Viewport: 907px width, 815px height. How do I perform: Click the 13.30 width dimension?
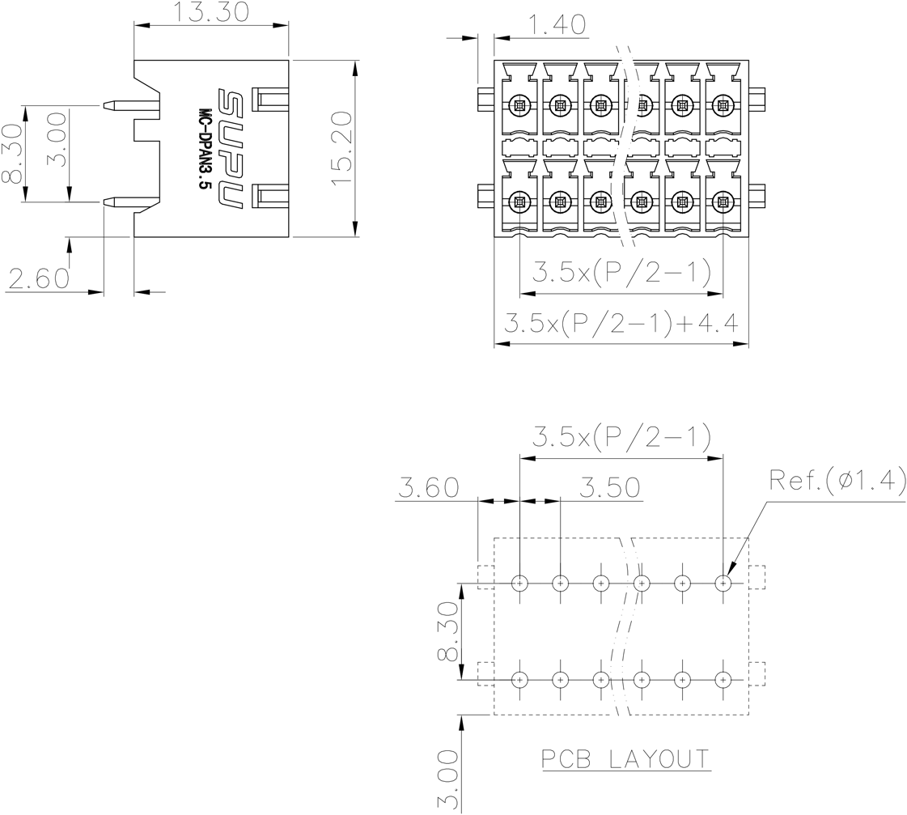tap(211, 12)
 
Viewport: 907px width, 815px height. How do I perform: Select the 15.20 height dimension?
tap(342, 149)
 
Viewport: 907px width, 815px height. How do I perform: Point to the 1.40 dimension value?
tap(557, 25)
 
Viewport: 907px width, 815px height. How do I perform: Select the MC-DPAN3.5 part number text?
tap(204, 149)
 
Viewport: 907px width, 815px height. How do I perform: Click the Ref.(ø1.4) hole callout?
tap(837, 479)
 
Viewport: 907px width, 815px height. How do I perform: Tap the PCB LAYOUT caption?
tap(626, 759)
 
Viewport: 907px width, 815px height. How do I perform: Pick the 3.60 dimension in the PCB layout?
tap(429, 487)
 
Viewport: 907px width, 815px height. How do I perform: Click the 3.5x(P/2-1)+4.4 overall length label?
tap(621, 323)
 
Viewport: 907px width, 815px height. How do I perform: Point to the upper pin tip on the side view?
tap(104, 106)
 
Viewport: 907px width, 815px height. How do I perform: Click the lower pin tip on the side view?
tap(104, 202)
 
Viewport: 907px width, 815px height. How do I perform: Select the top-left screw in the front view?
tap(519, 105)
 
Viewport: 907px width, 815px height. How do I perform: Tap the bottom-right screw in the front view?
tap(723, 202)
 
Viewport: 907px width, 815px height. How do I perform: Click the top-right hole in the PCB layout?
tap(723, 583)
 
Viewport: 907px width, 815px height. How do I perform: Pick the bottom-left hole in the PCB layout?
tap(520, 679)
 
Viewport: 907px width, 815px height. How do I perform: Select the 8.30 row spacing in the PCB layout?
tap(447, 631)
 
